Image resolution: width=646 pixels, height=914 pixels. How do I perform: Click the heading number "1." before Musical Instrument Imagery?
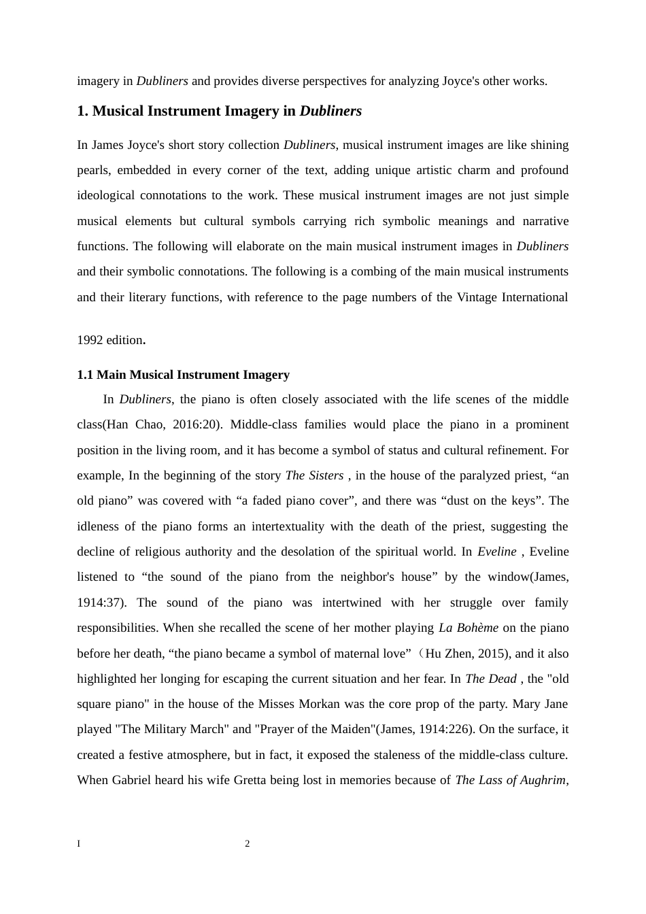[83, 111]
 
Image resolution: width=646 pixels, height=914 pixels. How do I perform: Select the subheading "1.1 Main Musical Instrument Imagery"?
[183, 375]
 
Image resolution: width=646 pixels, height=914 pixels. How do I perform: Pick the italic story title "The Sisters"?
[314, 475]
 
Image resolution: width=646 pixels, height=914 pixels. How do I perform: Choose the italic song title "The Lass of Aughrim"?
[510, 780]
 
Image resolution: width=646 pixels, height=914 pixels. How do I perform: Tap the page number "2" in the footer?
[248, 844]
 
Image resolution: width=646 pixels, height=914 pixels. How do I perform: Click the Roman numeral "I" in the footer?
[79, 844]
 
